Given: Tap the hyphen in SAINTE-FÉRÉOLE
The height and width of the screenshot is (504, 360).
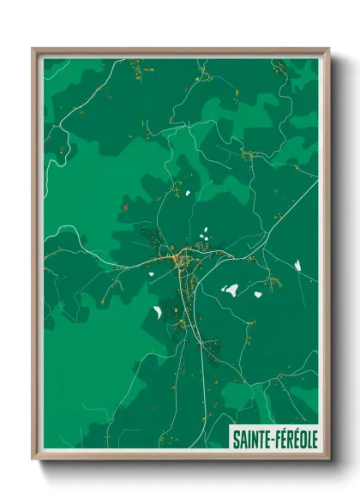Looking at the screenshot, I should pyautogui.click(x=271, y=439).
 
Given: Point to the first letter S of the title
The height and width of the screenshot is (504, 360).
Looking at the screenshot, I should pyautogui.click(x=235, y=439).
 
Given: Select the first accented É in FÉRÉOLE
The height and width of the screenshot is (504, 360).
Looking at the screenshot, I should pyautogui.click(x=282, y=439).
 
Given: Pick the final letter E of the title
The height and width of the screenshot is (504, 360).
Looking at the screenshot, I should pyautogui.click(x=314, y=439).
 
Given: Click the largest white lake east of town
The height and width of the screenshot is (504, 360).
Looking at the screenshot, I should pyautogui.click(x=230, y=290).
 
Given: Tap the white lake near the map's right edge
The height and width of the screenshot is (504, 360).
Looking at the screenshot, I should pyautogui.click(x=298, y=266).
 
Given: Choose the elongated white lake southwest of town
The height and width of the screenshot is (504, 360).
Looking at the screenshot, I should pyautogui.click(x=158, y=310).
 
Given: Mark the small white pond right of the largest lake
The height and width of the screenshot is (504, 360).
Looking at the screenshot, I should pyautogui.click(x=257, y=294).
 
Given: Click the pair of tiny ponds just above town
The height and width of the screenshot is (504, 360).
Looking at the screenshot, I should pyautogui.click(x=204, y=233).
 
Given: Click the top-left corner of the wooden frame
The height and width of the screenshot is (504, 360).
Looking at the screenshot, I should pyautogui.click(x=33, y=50).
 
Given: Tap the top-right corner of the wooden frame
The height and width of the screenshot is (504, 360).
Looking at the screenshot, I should pyautogui.click(x=328, y=50).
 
